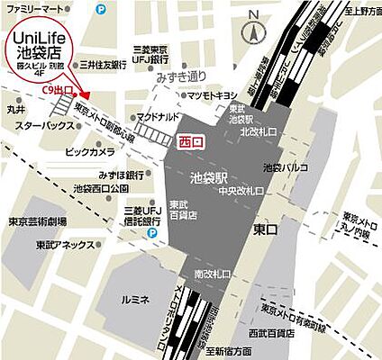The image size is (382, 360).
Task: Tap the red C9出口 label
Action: tap(58, 91)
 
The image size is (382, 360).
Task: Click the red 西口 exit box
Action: tap(192, 141)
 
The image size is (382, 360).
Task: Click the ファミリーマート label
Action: tap(34, 8)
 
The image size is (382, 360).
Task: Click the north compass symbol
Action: tap(256, 26)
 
